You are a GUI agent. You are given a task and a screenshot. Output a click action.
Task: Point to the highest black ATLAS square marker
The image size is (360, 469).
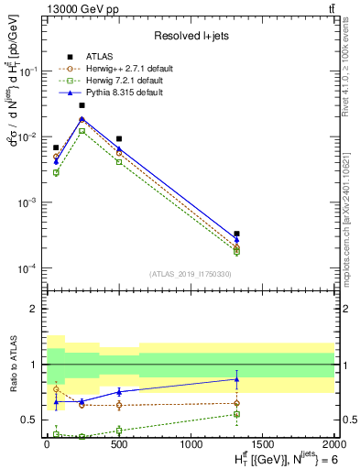pos(82,105)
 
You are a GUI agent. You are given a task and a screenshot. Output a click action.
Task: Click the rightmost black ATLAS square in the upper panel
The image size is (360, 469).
pos(236,234)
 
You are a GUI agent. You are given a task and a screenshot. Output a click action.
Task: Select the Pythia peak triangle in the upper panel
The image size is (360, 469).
pos(82,119)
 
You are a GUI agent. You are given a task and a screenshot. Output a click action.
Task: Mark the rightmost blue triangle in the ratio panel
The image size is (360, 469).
pos(236,379)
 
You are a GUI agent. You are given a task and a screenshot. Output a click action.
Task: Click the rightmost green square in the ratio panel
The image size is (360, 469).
pos(236,414)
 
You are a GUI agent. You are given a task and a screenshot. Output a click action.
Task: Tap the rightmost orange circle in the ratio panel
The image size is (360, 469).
pos(236,403)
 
